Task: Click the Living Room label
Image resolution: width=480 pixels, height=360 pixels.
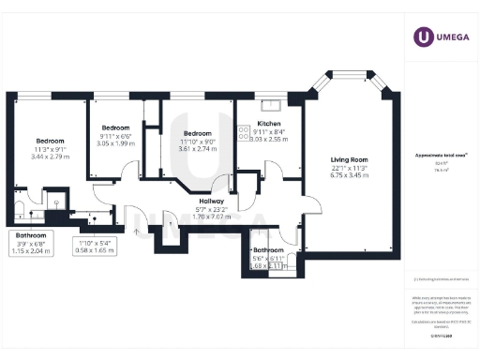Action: (348, 159)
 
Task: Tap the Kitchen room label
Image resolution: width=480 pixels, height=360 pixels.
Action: (269, 124)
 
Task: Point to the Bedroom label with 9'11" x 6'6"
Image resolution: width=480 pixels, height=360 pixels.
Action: (115, 127)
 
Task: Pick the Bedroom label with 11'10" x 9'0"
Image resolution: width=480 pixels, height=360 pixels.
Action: (198, 133)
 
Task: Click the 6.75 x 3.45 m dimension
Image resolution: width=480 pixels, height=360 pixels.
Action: (348, 176)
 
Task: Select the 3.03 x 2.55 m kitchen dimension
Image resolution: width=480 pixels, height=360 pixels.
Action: (269, 140)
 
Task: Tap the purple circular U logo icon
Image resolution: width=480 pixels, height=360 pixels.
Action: (424, 37)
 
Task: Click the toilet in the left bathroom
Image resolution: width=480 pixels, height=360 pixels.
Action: (21, 209)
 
